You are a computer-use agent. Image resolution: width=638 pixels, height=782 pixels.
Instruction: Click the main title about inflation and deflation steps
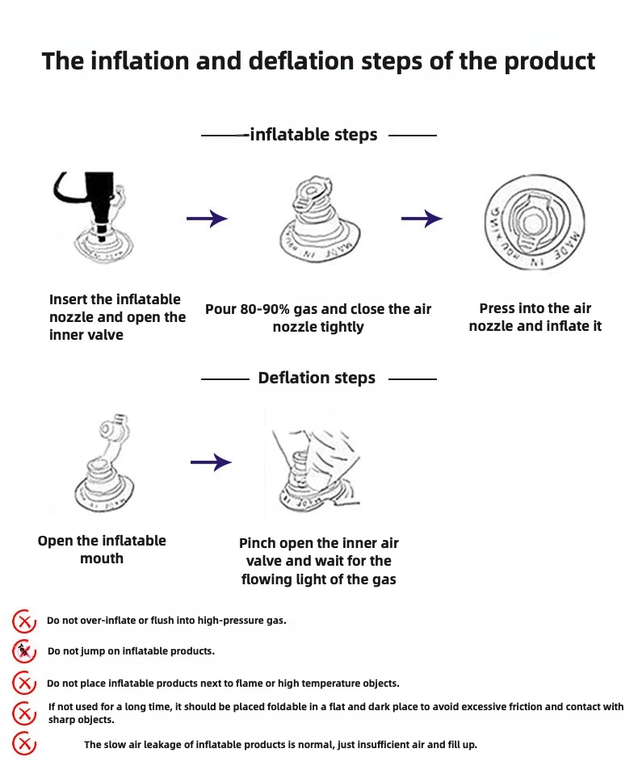[318, 61]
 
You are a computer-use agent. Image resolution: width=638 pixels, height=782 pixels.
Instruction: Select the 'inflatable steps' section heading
[313, 135]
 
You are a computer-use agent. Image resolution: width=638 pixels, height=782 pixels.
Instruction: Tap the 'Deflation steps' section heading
[317, 378]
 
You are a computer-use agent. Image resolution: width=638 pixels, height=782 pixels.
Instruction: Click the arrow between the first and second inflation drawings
[207, 218]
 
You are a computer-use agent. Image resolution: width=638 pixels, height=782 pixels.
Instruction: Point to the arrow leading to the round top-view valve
[422, 218]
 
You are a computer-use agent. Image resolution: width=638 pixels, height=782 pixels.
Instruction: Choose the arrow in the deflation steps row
[211, 462]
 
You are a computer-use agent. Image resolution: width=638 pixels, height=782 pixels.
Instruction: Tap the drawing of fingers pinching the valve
[315, 463]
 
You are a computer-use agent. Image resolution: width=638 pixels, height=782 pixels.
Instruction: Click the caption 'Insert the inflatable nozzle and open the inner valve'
[117, 316]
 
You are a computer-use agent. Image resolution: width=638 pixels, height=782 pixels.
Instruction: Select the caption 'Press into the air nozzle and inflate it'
[535, 317]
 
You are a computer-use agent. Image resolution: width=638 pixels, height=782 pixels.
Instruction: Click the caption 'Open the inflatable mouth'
[102, 550]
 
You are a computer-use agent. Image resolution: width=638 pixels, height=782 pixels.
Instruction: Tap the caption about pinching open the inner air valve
[318, 561]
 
